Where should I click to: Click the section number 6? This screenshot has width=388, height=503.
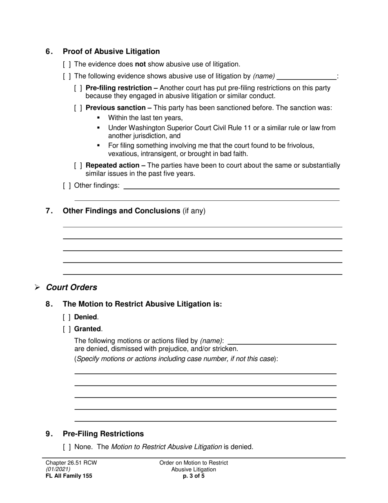pyautogui.click(x=49, y=52)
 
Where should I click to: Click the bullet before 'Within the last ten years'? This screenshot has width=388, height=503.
pyautogui.click(x=98, y=118)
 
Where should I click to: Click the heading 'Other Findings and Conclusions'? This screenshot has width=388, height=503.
pyautogui.click(x=121, y=211)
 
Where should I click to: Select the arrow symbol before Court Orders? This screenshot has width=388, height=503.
pyautogui.click(x=37, y=287)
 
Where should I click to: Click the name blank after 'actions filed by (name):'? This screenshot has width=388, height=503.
pyautogui.click(x=282, y=341)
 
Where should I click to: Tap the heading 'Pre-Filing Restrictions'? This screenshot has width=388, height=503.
pyautogui.click(x=103, y=434)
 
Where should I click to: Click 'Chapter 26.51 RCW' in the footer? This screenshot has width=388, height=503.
pyautogui.click(x=71, y=463)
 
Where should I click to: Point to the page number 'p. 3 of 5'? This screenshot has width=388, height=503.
pyautogui.click(x=194, y=476)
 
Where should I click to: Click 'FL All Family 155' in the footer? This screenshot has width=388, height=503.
pyautogui.click(x=69, y=476)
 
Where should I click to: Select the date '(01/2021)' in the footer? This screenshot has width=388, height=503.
pyautogui.click(x=58, y=469)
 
